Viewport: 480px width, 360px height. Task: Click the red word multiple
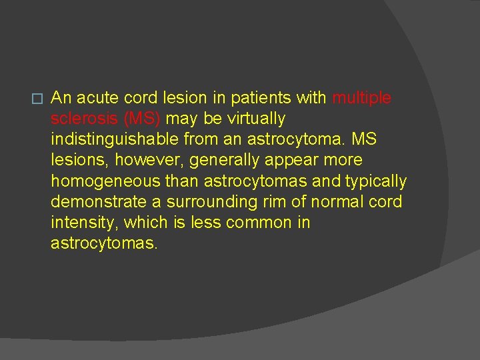pyautogui.click(x=361, y=99)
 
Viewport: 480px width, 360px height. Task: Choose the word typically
pyautogui.click(x=375, y=181)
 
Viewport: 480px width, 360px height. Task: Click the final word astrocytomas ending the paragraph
pyautogui.click(x=103, y=243)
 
